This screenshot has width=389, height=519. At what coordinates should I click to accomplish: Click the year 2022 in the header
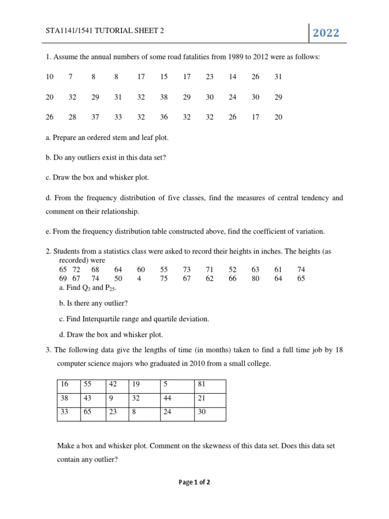tap(326, 33)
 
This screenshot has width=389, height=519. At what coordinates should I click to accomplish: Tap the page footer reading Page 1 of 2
tap(194, 483)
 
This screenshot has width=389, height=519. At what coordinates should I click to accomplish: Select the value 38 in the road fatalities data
tap(164, 97)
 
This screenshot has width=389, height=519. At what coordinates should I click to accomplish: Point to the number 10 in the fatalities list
tap(50, 77)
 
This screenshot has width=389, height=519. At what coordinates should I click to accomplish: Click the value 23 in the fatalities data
tap(210, 77)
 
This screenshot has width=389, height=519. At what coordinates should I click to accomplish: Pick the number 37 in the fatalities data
tap(95, 117)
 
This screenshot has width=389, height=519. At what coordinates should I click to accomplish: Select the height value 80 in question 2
tap(255, 278)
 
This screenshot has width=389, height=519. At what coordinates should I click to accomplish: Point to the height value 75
tap(164, 278)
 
